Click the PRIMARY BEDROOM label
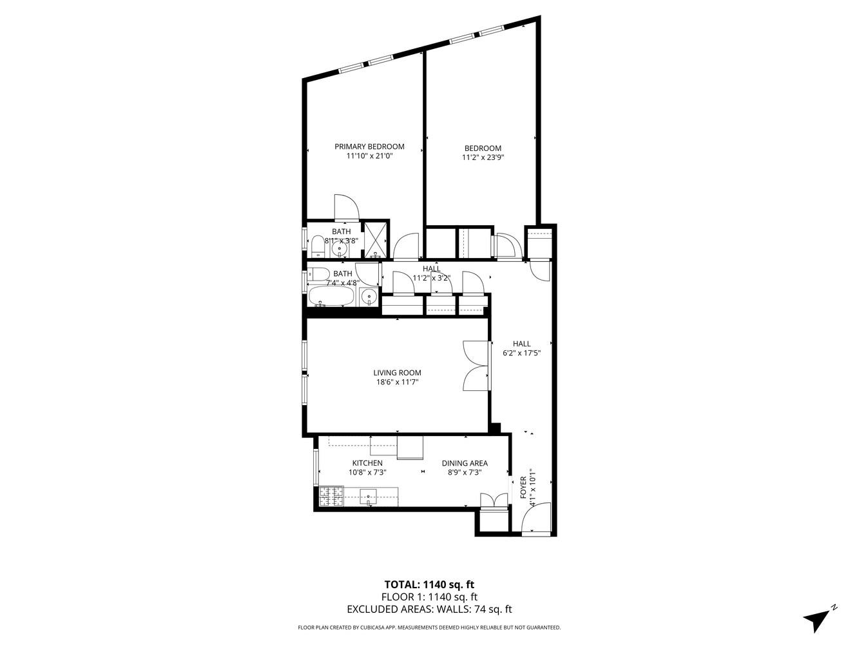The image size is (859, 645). [x=369, y=146]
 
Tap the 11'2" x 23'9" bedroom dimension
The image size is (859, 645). [x=483, y=157]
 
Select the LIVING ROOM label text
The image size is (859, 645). [x=397, y=372]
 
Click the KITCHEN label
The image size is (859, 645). [x=367, y=463]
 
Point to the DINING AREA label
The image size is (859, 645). [x=464, y=463]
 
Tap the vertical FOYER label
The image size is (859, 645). [x=523, y=488]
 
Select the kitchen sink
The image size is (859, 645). [x=369, y=496]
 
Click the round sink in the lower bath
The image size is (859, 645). [x=369, y=297]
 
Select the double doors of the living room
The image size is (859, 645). [x=476, y=366]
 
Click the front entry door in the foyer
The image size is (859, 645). [x=536, y=519]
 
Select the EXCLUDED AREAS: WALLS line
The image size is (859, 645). [x=429, y=609]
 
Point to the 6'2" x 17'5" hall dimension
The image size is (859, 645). [x=521, y=353]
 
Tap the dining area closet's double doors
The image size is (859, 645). [x=494, y=501]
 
